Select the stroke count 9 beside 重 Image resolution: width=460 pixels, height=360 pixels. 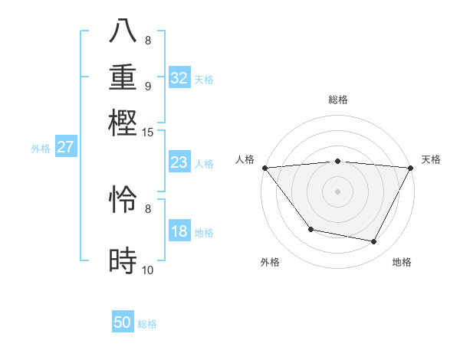tap(148, 86)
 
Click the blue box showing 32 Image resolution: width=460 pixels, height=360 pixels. tap(179, 78)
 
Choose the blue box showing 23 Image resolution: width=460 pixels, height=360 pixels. tap(179, 163)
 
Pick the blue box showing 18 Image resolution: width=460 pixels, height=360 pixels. tap(179, 231)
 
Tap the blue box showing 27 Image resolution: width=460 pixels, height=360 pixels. tap(65, 147)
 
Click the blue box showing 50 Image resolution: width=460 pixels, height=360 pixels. tap(122, 322)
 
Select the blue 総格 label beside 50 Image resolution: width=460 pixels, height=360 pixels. tap(147, 324)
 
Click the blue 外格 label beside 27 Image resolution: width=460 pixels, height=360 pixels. tap(40, 149)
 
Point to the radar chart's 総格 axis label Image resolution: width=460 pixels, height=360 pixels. tap(337, 100)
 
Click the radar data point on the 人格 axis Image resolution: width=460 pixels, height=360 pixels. tap(264, 168)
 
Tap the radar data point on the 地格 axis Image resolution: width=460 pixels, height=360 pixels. tap(374, 242)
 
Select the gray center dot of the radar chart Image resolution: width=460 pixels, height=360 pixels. tap(337, 191)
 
